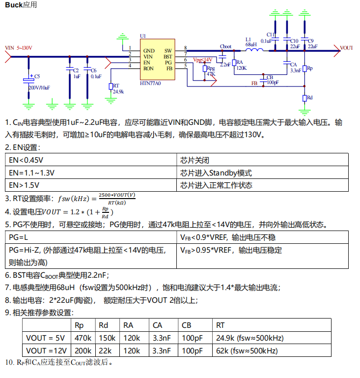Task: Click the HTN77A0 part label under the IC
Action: point(150,83)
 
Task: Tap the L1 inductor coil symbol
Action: point(251,49)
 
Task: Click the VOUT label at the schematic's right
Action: point(347,48)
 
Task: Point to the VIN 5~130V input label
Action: point(19,48)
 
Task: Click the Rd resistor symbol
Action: point(305,98)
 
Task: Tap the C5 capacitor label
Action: point(37,77)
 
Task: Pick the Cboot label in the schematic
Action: point(226,46)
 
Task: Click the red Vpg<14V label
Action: point(202,60)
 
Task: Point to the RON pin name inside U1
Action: point(148,69)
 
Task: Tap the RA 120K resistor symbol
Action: point(234,62)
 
